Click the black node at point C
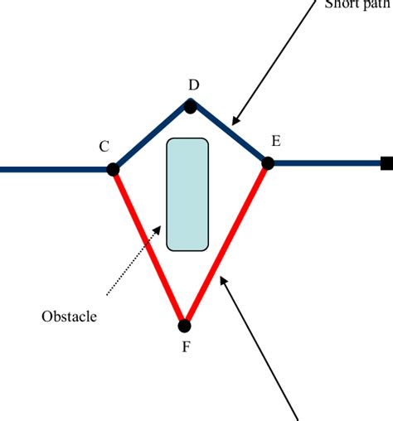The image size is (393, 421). pyautogui.click(x=113, y=169)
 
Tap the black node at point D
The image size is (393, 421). pyautogui.click(x=191, y=106)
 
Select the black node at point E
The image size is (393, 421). pyautogui.click(x=268, y=163)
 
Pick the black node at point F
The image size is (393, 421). pyautogui.click(x=185, y=326)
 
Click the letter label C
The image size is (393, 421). pyautogui.click(x=104, y=147)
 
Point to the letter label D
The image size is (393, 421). pyautogui.click(x=193, y=85)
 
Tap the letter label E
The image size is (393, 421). pyautogui.click(x=275, y=141)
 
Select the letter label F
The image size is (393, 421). pyautogui.click(x=186, y=347)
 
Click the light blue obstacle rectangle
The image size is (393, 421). pyautogui.click(x=187, y=194)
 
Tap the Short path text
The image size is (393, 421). pyautogui.click(x=357, y=3)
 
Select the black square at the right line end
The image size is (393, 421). pyautogui.click(x=386, y=163)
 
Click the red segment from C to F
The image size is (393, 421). pyautogui.click(x=149, y=249)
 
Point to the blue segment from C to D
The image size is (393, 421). pyautogui.click(x=152, y=138)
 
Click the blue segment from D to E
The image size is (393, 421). pyautogui.click(x=230, y=135)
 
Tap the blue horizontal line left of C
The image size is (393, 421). pyautogui.click(x=54, y=169)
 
